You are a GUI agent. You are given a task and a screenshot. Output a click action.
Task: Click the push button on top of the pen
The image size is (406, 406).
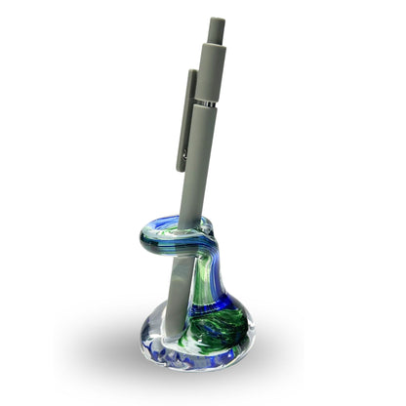[216, 29]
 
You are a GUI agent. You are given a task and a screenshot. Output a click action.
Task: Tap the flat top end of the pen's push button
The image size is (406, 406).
[216, 18]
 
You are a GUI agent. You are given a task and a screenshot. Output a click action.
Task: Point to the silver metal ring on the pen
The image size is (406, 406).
[206, 101]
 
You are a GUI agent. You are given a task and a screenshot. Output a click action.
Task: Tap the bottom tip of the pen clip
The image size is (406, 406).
[181, 168]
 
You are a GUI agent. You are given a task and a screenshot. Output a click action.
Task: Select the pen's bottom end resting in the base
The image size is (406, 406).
[169, 337]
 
